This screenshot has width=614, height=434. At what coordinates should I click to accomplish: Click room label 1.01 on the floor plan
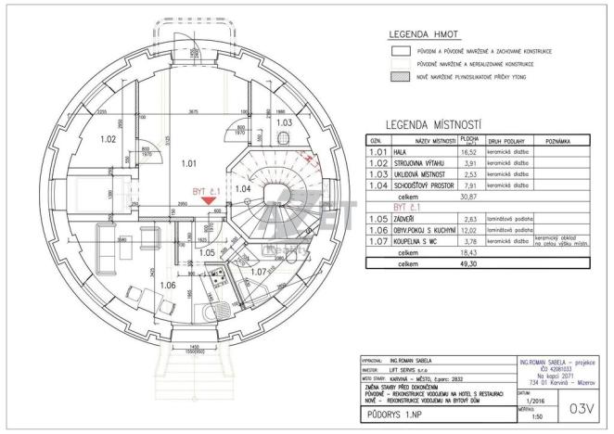pyautogui.click(x=189, y=163)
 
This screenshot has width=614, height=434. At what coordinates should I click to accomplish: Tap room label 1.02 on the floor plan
pyautogui.click(x=109, y=140)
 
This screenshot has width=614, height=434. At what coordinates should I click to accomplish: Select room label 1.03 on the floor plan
pyautogui.click(x=285, y=121)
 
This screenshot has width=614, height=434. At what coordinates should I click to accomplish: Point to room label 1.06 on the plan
pyautogui.click(x=168, y=286)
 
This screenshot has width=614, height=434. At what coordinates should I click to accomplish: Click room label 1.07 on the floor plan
pyautogui.click(x=260, y=272)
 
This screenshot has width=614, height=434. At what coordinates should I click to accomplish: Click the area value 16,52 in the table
pyautogui.click(x=469, y=151)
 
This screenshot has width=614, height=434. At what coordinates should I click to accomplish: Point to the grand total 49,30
pyautogui.click(x=469, y=263)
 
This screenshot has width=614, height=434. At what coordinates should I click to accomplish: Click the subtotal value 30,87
pyautogui.click(x=469, y=197)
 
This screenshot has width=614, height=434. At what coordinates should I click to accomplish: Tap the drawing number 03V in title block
pyautogui.click(x=581, y=406)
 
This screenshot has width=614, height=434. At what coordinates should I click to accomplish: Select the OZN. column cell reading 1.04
pyautogui.click(x=377, y=185)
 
